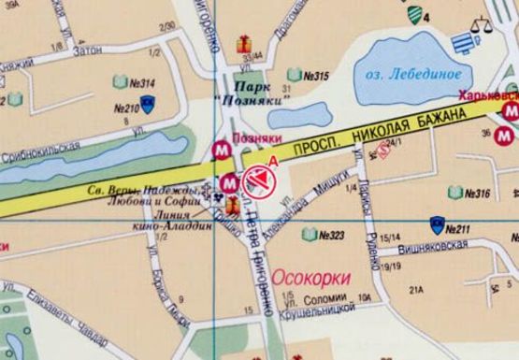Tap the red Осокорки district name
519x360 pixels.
coord(311,277)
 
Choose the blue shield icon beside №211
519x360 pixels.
coord(436,224)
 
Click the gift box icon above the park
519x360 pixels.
coord(244,42)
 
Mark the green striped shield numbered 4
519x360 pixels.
coord(414,14)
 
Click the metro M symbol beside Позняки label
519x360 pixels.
coord(223,147)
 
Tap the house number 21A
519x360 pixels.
coord(415,290)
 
